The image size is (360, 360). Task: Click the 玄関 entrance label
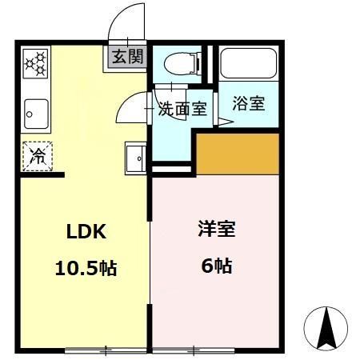(128, 58)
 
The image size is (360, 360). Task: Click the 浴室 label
(248, 103)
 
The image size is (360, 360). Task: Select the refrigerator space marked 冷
(37, 156)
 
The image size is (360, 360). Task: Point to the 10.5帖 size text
(86, 268)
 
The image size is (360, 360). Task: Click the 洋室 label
(217, 230)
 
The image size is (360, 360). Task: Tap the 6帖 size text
(217, 266)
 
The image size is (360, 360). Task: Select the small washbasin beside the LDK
(135, 160)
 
